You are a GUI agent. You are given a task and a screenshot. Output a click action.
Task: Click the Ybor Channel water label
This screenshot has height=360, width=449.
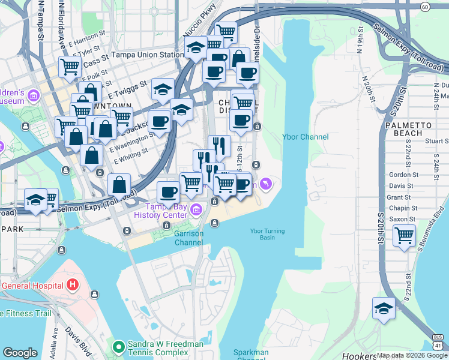pyautogui.click(x=306, y=137)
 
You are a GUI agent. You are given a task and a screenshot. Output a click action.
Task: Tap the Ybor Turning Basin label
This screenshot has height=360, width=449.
pyautogui.click(x=267, y=234)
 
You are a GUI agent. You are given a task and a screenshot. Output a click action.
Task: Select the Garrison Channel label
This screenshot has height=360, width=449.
pyautogui.click(x=188, y=238)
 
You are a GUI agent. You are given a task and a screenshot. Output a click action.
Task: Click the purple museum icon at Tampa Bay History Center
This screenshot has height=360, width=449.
pyautogui.click(x=197, y=210)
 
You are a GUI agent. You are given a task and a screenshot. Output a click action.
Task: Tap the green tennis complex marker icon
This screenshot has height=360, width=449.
pyautogui.click(x=119, y=346)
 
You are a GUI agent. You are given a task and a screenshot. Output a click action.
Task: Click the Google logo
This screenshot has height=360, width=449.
pyautogui.click(x=20, y=353)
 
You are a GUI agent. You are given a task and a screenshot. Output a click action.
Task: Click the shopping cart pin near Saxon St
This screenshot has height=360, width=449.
pyautogui.click(x=405, y=235)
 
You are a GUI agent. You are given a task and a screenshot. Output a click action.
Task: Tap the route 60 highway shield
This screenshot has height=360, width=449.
pyautogui.click(x=424, y=7)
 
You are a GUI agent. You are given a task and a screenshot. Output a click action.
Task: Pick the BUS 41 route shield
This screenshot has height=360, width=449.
pyautogui.click(x=438, y=341)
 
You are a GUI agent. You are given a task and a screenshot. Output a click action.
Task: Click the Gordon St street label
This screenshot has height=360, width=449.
pyautogui.click(x=399, y=175)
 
